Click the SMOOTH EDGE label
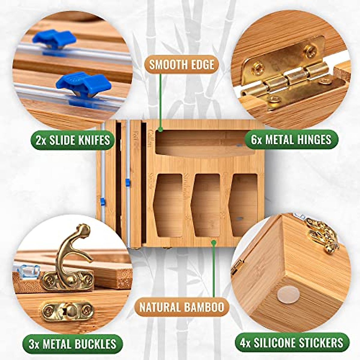pos(182,64)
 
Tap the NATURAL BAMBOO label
pos(182,307)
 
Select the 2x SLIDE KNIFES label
pos(73,139)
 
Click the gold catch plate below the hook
pos(67,311)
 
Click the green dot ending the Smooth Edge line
pos(161,129)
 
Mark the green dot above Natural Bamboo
pos(214,242)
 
